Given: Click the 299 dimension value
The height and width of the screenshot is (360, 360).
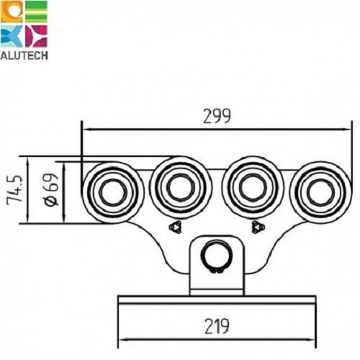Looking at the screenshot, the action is (x=217, y=117).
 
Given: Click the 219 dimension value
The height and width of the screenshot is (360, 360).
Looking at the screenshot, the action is (x=217, y=326).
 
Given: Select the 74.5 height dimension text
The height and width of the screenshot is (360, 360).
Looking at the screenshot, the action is (x=14, y=189).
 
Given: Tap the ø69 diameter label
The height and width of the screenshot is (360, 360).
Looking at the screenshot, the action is (x=51, y=189).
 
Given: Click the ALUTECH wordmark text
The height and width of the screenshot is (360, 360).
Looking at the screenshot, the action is (x=24, y=55).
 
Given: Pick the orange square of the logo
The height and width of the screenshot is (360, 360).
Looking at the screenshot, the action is (x=11, y=12).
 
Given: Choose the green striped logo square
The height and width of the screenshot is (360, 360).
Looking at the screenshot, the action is (x=36, y=12).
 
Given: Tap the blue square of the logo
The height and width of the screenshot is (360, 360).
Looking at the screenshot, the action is (x=11, y=36).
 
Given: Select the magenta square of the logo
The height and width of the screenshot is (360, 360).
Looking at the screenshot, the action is (x=36, y=36).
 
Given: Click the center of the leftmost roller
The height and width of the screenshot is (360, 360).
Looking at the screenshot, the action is (x=113, y=192).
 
